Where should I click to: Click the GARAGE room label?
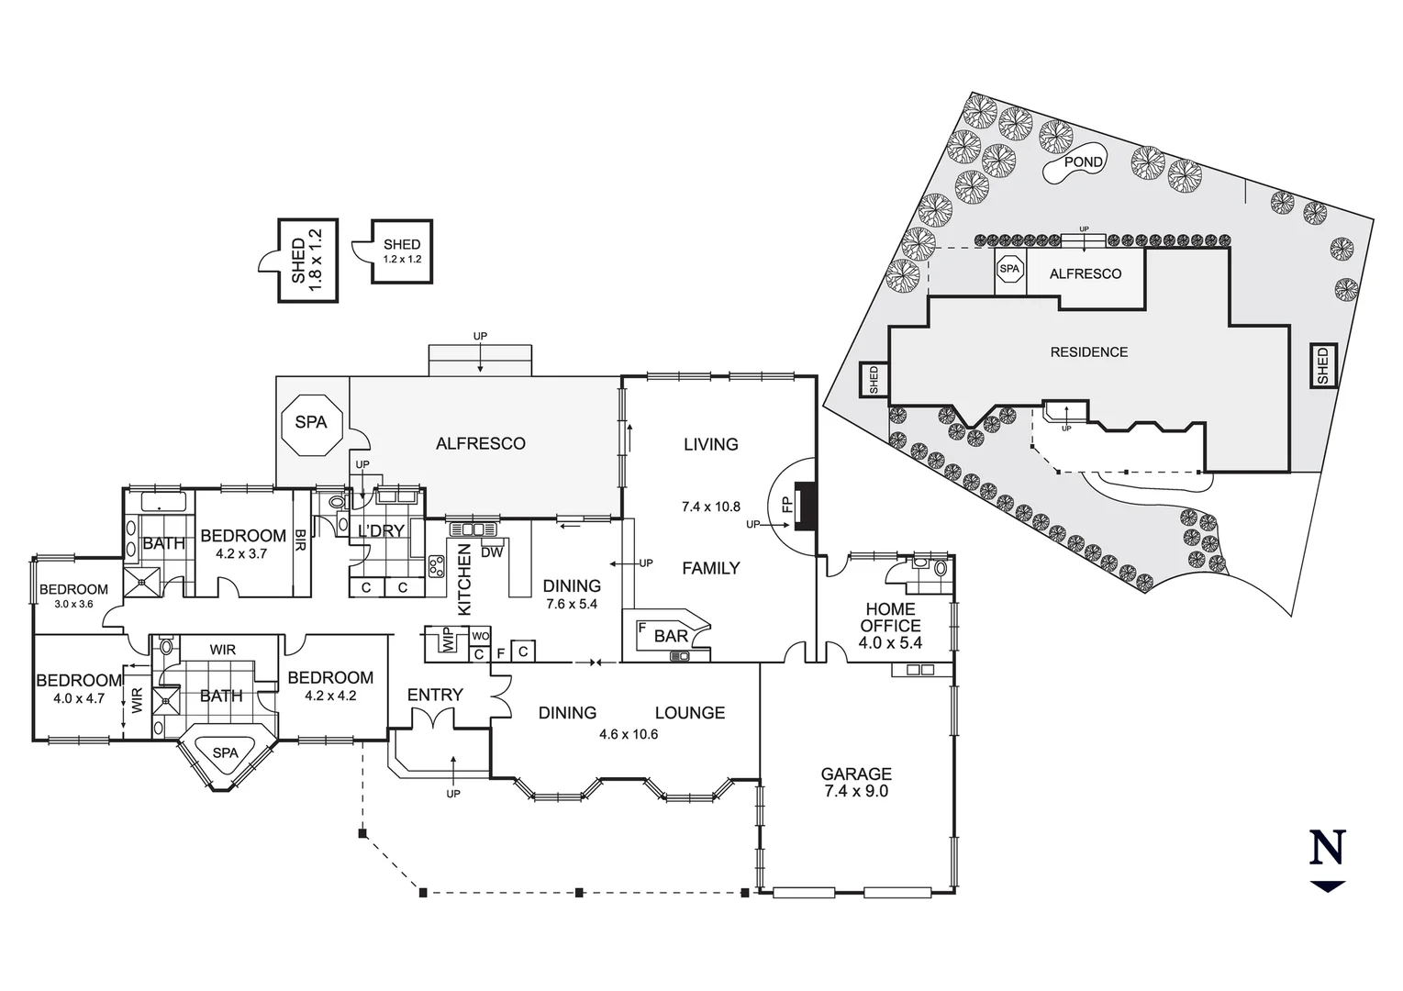[x=855, y=774]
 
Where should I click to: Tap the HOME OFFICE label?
[x=890, y=617]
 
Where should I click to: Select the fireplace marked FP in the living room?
[x=804, y=506]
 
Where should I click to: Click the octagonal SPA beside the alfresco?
[x=311, y=423]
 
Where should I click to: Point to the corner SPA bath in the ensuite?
[x=225, y=753]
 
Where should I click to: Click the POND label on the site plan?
[x=1083, y=161]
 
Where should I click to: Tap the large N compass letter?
[x=1327, y=847]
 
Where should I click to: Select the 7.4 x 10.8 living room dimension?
[x=710, y=507]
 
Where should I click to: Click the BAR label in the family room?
[x=671, y=637]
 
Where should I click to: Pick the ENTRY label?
[x=435, y=695]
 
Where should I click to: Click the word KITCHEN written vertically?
[x=464, y=579]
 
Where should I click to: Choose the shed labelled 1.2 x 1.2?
[x=401, y=251]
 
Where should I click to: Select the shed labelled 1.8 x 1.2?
[x=307, y=261]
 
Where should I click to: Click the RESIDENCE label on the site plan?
[x=1088, y=351]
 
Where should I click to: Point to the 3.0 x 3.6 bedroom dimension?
[x=72, y=604]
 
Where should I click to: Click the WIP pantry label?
[x=448, y=640]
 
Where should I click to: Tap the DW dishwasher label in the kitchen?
[x=492, y=552]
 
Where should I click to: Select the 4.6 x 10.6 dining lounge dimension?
[x=629, y=734]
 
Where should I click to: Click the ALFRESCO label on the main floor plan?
[x=480, y=443]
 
